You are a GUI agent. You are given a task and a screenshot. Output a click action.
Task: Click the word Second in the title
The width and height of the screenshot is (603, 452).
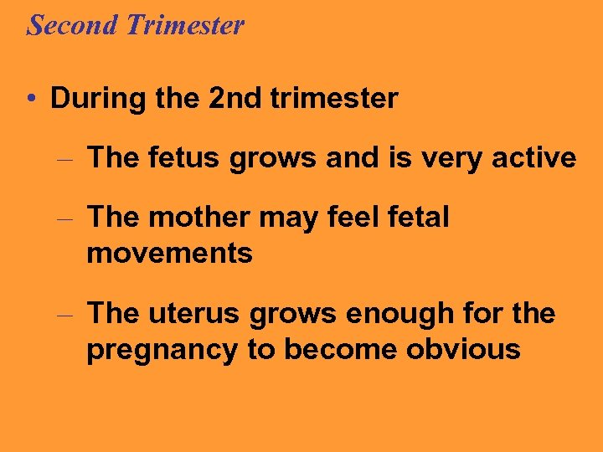pos(72,25)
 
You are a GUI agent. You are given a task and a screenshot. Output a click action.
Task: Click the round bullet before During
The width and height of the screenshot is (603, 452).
pos(30,99)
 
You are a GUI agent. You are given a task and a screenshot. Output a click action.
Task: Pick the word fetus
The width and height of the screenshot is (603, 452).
pos(188,157)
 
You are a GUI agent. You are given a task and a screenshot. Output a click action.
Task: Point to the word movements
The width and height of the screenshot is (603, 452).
pos(169,253)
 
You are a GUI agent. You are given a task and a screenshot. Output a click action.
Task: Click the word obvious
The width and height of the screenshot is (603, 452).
pos(463,349)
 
